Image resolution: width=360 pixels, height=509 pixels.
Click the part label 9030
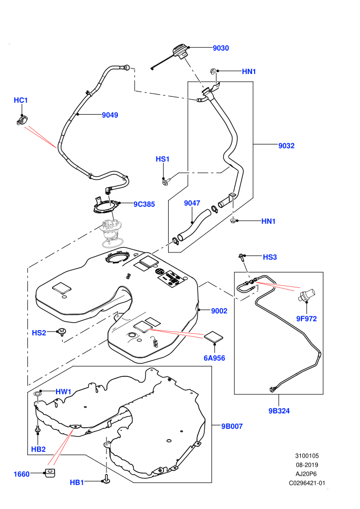coord(221,48)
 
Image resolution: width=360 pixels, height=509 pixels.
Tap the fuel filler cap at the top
coord(180,52)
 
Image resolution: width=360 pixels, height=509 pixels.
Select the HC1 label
coord(21,100)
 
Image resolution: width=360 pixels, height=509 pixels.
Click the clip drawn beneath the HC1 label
coord(22,121)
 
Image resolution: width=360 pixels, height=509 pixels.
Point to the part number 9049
coord(110,115)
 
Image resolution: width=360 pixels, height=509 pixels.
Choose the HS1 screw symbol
coord(166,181)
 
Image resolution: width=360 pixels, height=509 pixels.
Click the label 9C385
coord(144,204)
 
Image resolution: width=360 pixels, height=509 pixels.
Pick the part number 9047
coord(192,203)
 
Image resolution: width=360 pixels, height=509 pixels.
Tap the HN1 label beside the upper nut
coord(249,71)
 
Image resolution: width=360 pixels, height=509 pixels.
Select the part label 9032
coord(286,146)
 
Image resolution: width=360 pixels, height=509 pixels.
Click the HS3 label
coord(270,257)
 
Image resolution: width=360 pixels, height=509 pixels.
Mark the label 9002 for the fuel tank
coord(219,311)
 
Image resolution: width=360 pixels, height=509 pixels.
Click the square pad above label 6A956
coord(213,336)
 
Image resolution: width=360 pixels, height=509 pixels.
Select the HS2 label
coord(39,333)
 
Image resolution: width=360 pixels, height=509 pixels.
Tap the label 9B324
coord(279,411)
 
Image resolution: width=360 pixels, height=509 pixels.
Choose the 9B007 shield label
coord(232,427)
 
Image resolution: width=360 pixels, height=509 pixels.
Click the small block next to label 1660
coord(50,473)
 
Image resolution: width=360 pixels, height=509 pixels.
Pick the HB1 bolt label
coord(77,483)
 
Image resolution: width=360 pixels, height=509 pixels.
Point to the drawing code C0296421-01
coord(307,483)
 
